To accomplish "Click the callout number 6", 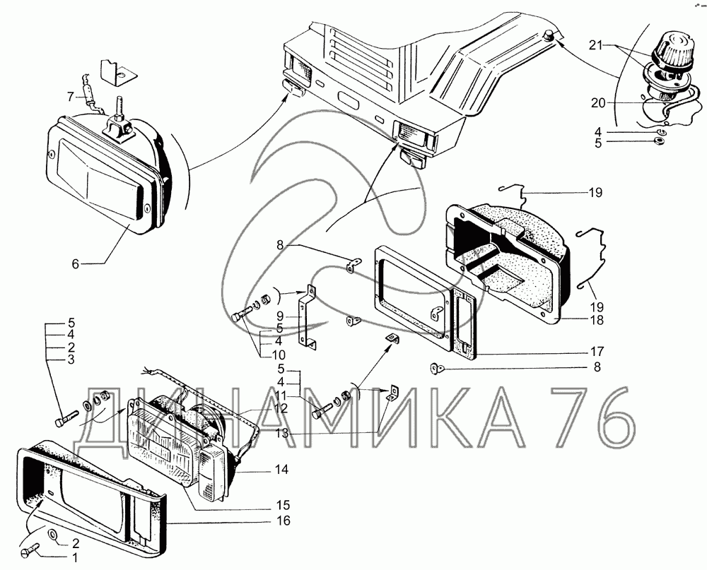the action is point(76,264).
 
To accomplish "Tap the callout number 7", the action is point(70,97).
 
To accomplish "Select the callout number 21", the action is point(595,44).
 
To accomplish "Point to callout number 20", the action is point(598,103).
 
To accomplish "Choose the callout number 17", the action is point(597,351).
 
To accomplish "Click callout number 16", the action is point(283,521).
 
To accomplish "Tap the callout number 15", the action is point(283,504).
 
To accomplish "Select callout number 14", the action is point(281,470).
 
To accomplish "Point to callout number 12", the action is point(280,409).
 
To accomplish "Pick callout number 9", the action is point(279,316).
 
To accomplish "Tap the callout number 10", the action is point(278,355).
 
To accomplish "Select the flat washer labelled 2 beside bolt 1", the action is point(52,535).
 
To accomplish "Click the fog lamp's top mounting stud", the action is point(121,107).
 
